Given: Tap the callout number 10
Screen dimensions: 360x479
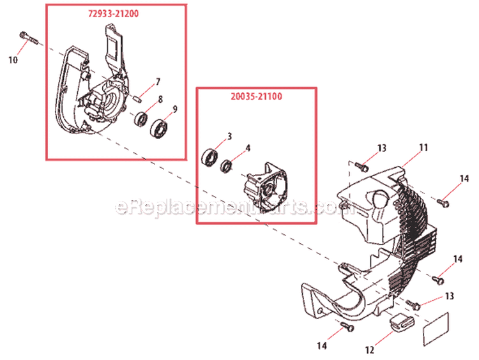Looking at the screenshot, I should click(13, 60).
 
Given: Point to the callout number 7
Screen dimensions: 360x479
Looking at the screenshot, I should click(158, 82).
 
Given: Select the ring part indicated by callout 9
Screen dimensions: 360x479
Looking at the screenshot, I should click(160, 128).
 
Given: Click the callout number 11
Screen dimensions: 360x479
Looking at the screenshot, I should click(423, 147).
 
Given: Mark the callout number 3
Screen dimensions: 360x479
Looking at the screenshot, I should click(229, 137).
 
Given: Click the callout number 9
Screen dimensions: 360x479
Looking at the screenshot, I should click(174, 109).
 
